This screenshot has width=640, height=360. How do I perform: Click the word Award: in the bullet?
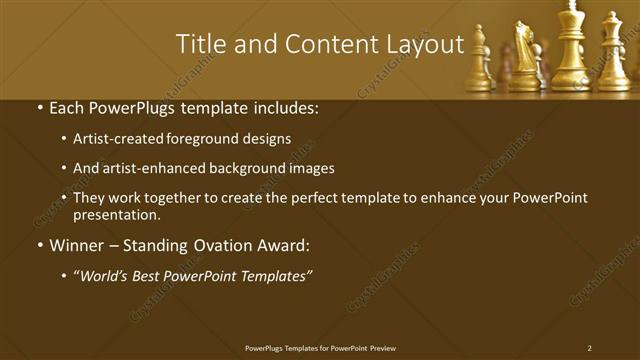click(284, 243)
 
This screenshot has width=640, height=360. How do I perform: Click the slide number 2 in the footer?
click(589, 348)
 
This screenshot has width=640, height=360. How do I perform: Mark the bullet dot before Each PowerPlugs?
click(40, 107)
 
